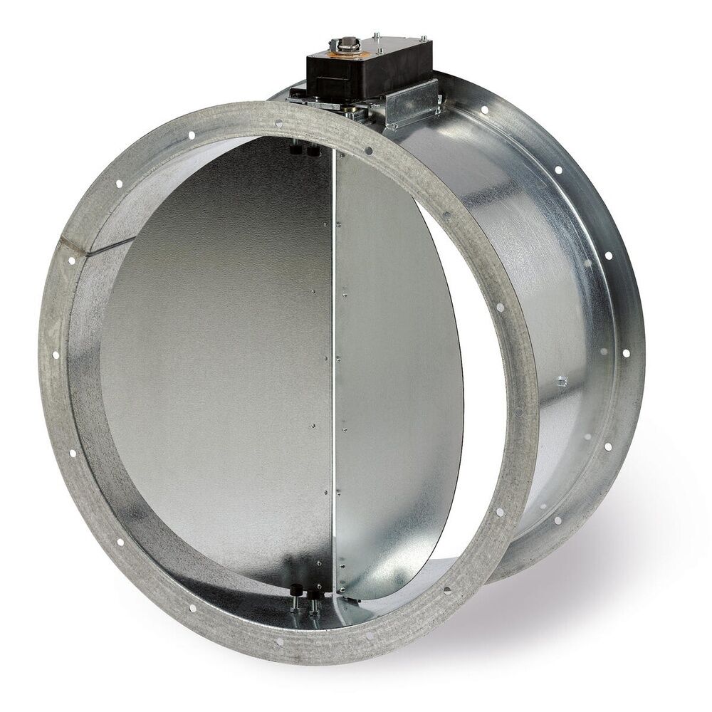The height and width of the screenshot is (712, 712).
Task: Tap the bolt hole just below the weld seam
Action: [x=72, y=262]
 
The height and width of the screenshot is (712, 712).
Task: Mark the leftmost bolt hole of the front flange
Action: [x=56, y=354]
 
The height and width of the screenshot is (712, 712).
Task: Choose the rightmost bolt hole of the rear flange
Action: [x=626, y=352]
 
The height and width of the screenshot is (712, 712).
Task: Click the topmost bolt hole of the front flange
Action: [x=278, y=123]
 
